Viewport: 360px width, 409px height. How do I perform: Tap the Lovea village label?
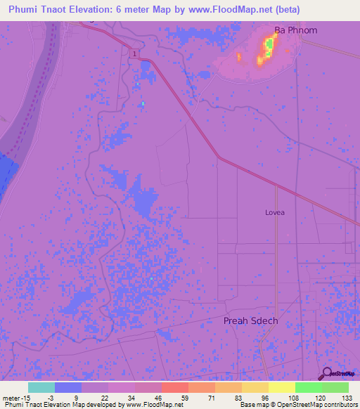pyautogui.click(x=275, y=211)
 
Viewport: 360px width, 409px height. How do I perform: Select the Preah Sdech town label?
pyautogui.click(x=250, y=320)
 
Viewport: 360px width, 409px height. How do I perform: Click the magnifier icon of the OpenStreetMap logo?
pyautogui.click(x=326, y=374)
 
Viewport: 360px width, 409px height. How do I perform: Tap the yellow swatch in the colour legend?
pyautogui.click(x=281, y=387)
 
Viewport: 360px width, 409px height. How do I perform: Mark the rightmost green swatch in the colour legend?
pyautogui.click(x=335, y=387)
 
